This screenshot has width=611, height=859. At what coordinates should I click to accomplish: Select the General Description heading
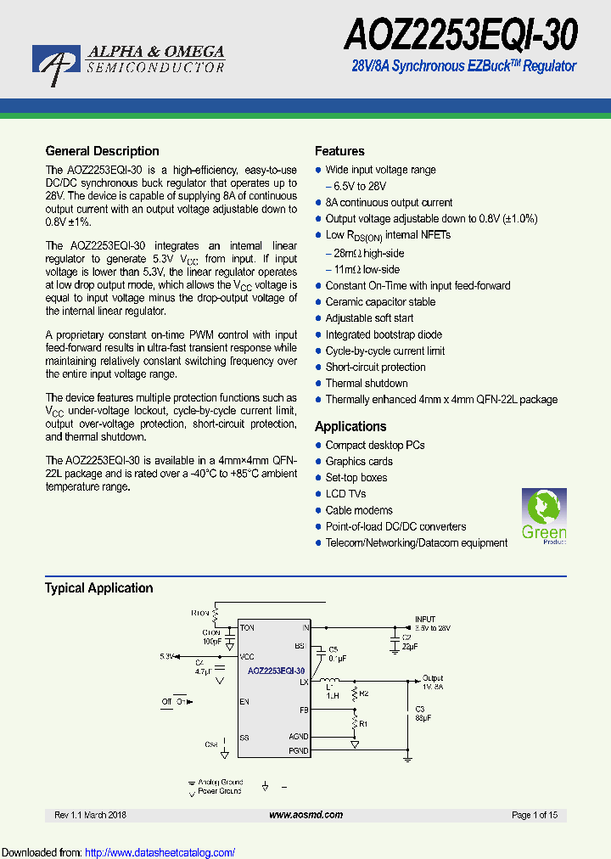pos(102,151)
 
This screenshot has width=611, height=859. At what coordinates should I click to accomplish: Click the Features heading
pos(339,151)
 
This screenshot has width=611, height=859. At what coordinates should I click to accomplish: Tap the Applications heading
pos(350,426)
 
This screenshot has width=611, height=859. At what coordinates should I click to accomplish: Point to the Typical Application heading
pos(98,587)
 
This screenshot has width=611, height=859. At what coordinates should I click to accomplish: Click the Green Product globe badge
pos(543,516)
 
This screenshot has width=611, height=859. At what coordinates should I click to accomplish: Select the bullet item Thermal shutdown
pos(367,383)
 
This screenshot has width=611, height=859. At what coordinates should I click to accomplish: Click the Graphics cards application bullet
pos(359,461)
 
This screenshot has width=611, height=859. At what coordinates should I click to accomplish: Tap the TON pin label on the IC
pos(247,628)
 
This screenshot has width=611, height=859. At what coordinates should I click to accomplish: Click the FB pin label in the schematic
pos(304,709)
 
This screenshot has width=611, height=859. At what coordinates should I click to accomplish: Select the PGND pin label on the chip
pos(299,750)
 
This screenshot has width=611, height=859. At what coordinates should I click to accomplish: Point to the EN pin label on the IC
pos(244,702)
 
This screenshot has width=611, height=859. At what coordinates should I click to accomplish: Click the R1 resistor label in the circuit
pos(363,724)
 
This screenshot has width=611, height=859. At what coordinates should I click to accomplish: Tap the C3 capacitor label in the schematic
pos(420,708)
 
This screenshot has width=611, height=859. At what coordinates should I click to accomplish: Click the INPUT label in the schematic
pos(424,620)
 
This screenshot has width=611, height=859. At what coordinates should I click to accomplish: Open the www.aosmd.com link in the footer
pos(305,815)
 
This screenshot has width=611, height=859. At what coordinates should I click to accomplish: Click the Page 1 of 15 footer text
pos(535,815)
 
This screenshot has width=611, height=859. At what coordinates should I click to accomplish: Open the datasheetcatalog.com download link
pos(160,852)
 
